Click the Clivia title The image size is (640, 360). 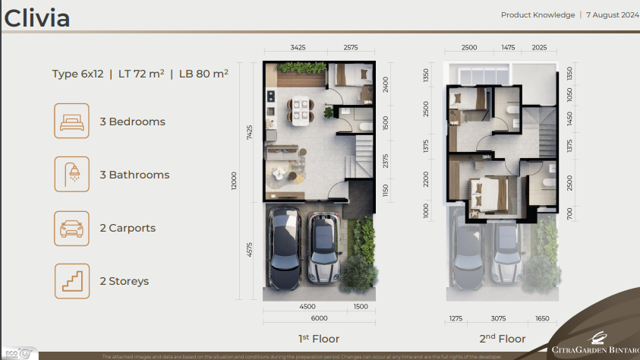37,18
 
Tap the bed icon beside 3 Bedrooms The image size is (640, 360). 71,122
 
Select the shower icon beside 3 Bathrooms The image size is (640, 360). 71,175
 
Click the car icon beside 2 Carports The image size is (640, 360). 71,228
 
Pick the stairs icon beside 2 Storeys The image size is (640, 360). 71,281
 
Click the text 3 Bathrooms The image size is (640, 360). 134,175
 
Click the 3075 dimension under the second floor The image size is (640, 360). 498,319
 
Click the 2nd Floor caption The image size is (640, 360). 502,339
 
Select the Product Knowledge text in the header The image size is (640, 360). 538,15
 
